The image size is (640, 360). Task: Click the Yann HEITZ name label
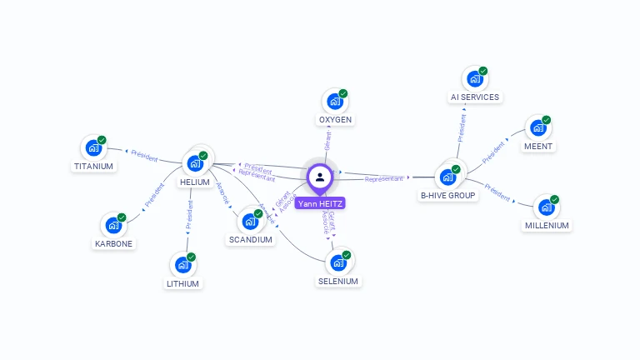(x=319, y=203)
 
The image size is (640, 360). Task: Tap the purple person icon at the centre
(x=319, y=177)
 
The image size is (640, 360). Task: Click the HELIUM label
(x=194, y=182)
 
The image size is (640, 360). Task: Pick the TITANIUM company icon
(x=93, y=148)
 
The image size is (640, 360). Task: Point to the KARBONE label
(x=113, y=244)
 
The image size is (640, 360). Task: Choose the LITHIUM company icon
(x=182, y=265)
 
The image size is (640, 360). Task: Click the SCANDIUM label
(x=250, y=240)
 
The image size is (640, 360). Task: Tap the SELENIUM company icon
(x=338, y=262)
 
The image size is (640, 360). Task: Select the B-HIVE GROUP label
(x=448, y=196)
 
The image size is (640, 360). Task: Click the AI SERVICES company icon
(x=475, y=79)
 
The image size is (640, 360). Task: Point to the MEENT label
(x=538, y=147)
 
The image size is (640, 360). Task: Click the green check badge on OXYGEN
(x=343, y=93)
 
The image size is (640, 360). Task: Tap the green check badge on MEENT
(x=547, y=120)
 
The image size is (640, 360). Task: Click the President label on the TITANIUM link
(x=144, y=154)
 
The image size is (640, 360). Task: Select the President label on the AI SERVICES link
(x=462, y=121)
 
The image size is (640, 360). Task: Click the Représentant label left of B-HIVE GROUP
(x=383, y=179)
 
